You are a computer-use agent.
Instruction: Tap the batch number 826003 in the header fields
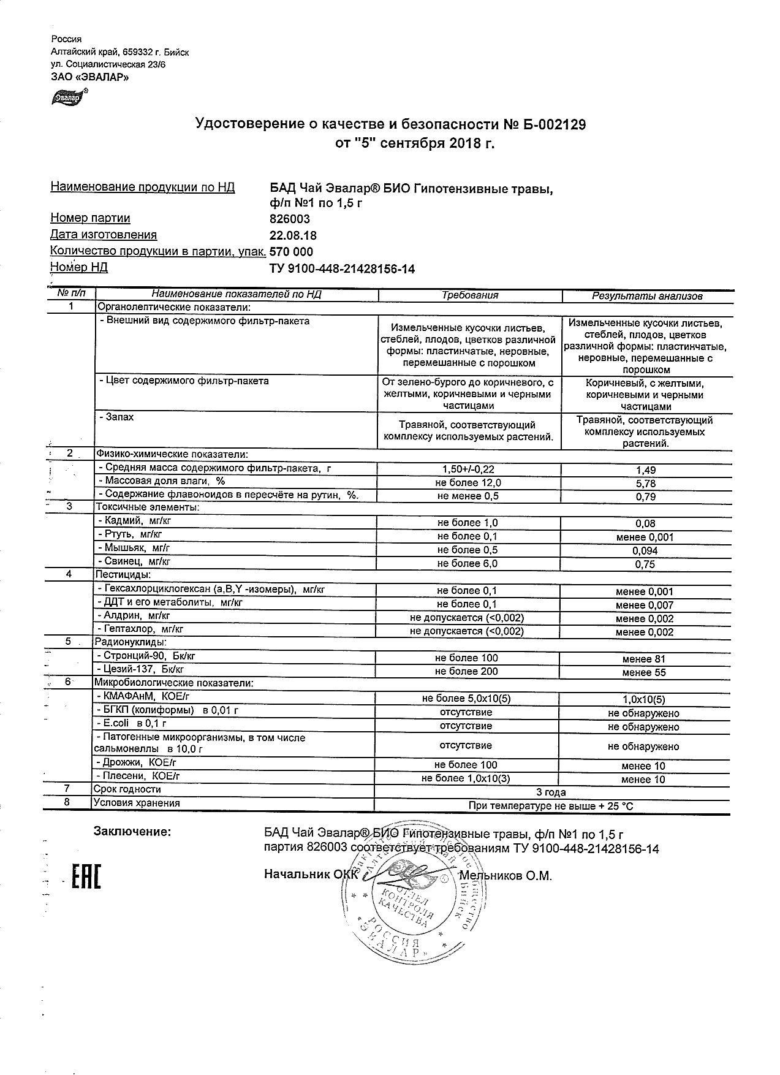click(290, 219)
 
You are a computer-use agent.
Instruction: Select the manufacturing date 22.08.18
click(293, 235)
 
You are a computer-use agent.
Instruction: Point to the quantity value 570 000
click(291, 252)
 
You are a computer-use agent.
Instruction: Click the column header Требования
click(470, 295)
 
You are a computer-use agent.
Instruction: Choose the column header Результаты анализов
click(646, 296)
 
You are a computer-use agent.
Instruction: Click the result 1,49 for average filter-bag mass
click(646, 470)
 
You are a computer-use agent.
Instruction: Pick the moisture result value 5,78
click(646, 484)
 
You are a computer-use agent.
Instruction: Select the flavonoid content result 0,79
click(646, 497)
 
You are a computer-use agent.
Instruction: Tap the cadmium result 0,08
click(646, 523)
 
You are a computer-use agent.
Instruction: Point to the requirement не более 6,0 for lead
click(467, 563)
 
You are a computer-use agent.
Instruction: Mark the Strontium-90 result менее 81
click(643, 659)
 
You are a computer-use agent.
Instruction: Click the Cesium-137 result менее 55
click(643, 673)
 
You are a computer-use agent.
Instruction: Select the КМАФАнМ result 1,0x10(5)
click(643, 700)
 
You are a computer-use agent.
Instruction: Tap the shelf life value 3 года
click(551, 792)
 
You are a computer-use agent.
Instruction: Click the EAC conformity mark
click(86, 876)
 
